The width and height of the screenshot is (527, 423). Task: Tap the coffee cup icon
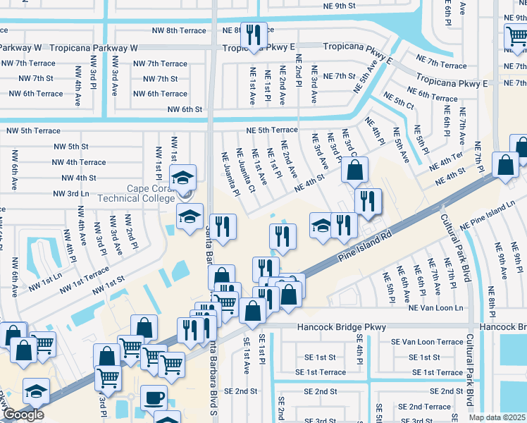click(154, 398)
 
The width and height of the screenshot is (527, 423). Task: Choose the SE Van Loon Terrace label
click(431, 342)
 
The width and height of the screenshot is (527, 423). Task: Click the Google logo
click(23, 415)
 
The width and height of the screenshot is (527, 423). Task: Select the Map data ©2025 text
click(497, 417)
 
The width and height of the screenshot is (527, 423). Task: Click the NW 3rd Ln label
click(71, 193)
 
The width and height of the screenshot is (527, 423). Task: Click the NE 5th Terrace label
click(272, 130)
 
